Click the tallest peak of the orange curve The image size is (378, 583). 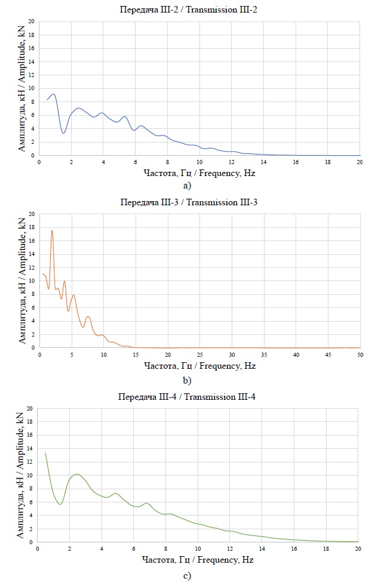(52, 230)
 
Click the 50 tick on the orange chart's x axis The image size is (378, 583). (360, 355)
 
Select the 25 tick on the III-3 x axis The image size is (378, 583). (199, 355)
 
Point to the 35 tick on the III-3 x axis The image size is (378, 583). (264, 355)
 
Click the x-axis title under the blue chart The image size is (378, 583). (199, 174)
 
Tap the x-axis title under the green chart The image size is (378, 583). (199, 561)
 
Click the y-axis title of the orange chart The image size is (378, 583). (23, 280)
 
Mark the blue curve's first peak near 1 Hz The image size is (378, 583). (54, 94)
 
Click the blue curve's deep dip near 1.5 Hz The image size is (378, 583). (63, 133)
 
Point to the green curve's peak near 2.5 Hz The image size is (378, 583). (77, 474)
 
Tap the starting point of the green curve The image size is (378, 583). (45, 453)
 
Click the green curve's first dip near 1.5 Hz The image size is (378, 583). (60, 504)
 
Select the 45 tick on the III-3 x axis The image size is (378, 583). (328, 355)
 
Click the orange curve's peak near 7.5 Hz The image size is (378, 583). (88, 317)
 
